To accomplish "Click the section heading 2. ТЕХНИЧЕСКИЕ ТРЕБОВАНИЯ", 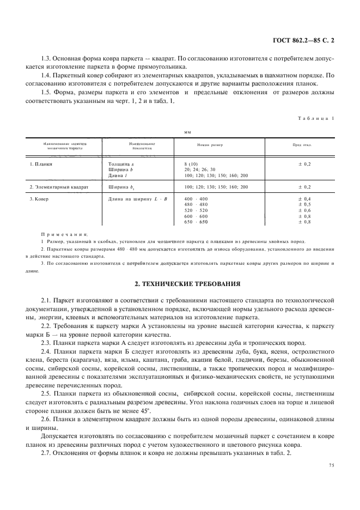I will (x=180, y=284).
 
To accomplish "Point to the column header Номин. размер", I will (x=210, y=145).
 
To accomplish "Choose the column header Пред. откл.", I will (x=306, y=145).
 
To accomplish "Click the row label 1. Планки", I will (x=41, y=163).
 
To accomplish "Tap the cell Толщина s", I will (x=121, y=163).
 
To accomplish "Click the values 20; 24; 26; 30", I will (x=200, y=169).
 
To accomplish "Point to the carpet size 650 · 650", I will (x=196, y=222).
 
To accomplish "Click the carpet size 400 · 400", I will (x=196, y=199).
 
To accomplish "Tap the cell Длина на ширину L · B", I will (x=138, y=199).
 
